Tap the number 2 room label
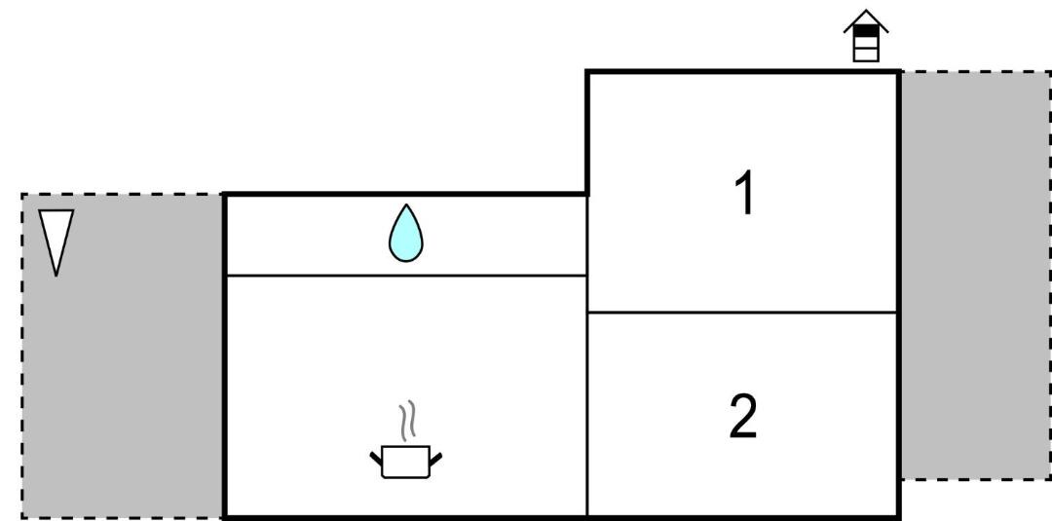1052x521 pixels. pyautogui.click(x=743, y=417)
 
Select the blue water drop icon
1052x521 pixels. pyautogui.click(x=406, y=234)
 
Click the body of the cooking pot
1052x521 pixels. pyautogui.click(x=405, y=462)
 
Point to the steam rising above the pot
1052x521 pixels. pyautogui.click(x=407, y=421)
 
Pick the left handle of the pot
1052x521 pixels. pyautogui.click(x=376, y=459)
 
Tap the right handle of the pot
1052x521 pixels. pyautogui.click(x=435, y=460)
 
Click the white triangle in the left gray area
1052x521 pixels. pyautogui.click(x=56, y=235)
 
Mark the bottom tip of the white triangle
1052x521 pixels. pyautogui.click(x=56, y=276)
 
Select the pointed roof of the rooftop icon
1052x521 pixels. pyautogui.click(x=866, y=20)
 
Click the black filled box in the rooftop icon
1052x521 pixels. pyautogui.click(x=866, y=31)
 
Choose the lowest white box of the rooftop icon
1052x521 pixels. pyautogui.click(x=866, y=55)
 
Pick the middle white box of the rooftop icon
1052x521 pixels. pyautogui.click(x=866, y=43)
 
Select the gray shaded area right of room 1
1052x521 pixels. pyautogui.click(x=975, y=275)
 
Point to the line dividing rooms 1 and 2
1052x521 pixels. pyautogui.click(x=742, y=313)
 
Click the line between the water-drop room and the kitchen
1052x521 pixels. pyautogui.click(x=406, y=276)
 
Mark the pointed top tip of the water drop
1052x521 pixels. pyautogui.click(x=406, y=205)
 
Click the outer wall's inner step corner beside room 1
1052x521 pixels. pyautogui.click(x=587, y=195)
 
